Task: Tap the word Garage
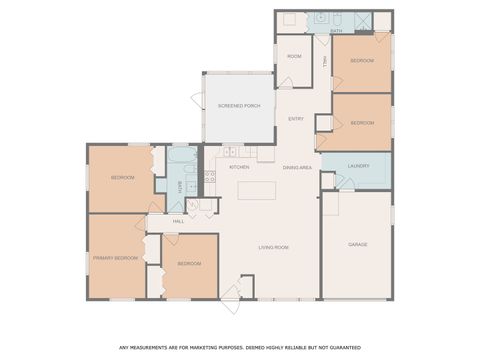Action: (x=358, y=244)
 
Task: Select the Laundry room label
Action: (x=359, y=166)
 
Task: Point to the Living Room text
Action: (x=273, y=246)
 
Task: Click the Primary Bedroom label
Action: (x=115, y=258)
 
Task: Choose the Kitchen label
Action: (x=238, y=167)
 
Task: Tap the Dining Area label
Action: (x=297, y=167)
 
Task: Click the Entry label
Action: (x=296, y=119)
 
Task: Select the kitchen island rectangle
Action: (x=256, y=190)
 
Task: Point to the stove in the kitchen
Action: (x=210, y=176)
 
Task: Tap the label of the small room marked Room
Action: (x=294, y=56)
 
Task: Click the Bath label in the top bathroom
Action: (x=336, y=31)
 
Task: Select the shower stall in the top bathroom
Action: (x=362, y=19)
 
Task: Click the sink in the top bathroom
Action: (x=320, y=18)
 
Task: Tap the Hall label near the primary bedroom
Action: (x=178, y=221)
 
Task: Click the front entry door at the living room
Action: (x=231, y=292)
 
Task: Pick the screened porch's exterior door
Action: (x=197, y=101)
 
